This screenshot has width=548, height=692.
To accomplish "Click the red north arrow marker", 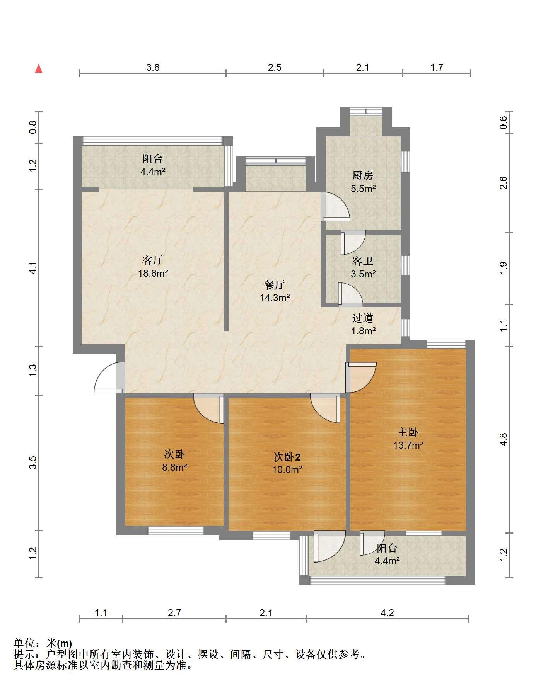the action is (39, 69).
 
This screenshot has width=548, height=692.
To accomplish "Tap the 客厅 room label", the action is (153, 260).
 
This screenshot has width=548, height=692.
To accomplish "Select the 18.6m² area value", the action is (153, 274).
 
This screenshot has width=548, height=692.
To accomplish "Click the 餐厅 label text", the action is (275, 285).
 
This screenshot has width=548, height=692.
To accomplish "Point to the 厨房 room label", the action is (363, 176).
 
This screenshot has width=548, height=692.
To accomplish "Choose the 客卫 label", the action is (363, 261).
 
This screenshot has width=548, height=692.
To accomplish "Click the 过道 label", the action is (363, 318).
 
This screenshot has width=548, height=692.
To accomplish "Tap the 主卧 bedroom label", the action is (408, 432).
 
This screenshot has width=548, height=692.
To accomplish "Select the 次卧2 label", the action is (287, 457).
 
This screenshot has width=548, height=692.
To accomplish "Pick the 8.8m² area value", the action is (174, 468).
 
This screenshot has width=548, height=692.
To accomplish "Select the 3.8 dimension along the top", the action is (153, 68).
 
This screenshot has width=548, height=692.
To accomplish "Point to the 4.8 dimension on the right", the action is (503, 439).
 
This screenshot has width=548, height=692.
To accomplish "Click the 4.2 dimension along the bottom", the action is (387, 613).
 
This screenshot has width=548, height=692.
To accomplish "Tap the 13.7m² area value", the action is (408, 445).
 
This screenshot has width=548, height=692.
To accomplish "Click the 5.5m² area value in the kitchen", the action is (363, 189).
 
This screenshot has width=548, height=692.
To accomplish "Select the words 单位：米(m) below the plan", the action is (43, 643).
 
